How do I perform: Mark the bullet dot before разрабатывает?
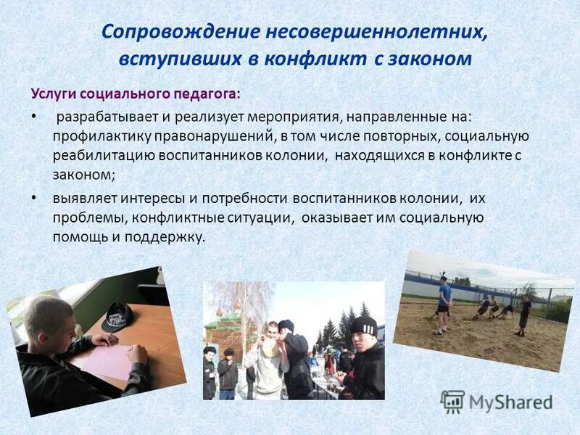pos(33,116)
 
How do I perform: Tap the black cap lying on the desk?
pos(117,316)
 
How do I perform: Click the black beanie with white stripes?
pos(362,325)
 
